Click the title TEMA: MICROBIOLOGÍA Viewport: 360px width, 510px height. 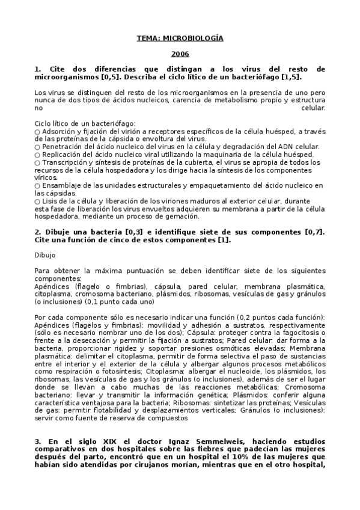point(180,38)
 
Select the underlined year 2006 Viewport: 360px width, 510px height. point(180,54)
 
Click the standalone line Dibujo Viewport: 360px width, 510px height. point(44,255)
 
